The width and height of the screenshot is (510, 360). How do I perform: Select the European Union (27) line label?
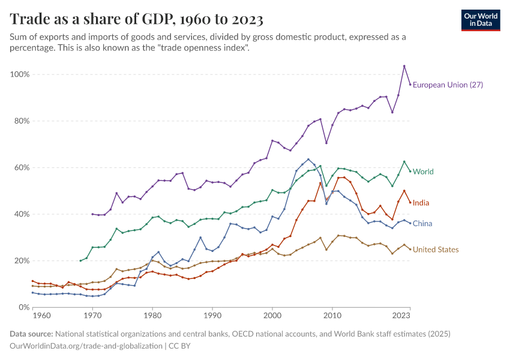(x=448, y=85)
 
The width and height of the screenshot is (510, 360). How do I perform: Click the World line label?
(x=423, y=172)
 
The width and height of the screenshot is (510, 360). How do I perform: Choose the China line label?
(x=422, y=224)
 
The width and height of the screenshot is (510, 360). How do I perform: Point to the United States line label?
(x=436, y=250)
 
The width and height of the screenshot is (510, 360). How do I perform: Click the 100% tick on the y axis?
(x=20, y=74)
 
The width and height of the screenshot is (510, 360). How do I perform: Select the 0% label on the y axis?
(x=24, y=307)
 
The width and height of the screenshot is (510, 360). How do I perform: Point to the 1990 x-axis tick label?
(x=212, y=315)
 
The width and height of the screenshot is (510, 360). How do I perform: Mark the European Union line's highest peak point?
(x=404, y=66)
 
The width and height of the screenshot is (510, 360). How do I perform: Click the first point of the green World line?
(x=80, y=260)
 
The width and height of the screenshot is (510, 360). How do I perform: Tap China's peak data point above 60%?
(x=308, y=160)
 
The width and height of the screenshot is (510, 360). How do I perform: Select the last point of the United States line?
(x=410, y=249)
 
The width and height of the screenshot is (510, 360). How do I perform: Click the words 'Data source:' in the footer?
(x=31, y=334)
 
